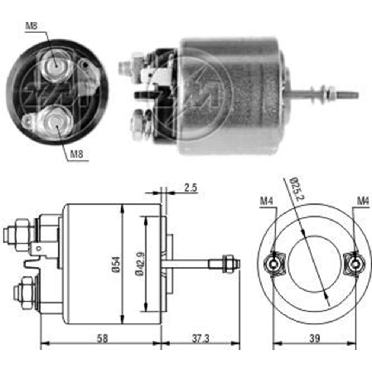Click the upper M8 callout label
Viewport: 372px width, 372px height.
(x=31, y=26)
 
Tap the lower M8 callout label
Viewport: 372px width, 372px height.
(x=76, y=154)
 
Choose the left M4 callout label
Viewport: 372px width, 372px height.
(x=266, y=201)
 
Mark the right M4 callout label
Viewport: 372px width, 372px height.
(x=363, y=201)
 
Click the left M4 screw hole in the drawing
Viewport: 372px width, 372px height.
(x=274, y=264)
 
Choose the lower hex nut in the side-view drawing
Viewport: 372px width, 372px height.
(x=25, y=292)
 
